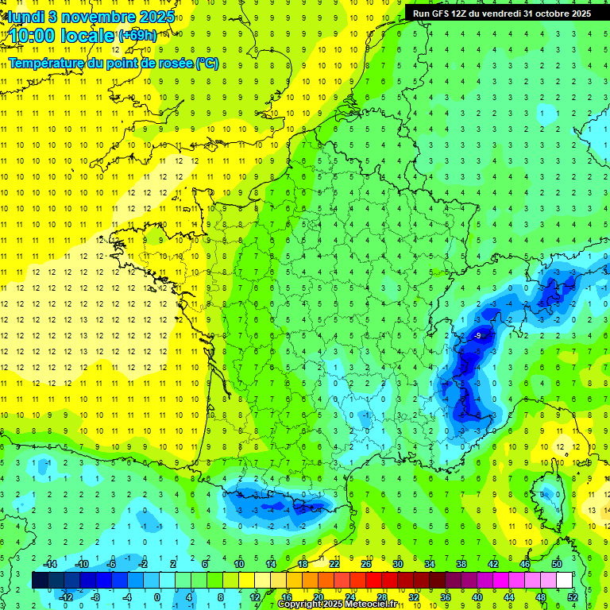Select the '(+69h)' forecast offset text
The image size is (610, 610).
(137, 36)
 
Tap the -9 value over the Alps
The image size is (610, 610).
(477, 337)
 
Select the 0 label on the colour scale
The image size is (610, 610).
(157, 597)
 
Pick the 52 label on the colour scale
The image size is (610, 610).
(573, 597)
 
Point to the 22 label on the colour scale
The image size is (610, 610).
(334, 563)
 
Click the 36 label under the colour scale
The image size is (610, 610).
(446, 597)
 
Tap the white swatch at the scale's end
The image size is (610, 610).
(564, 581)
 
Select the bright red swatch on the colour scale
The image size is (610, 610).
(373, 581)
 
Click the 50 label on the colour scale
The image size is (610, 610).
(557, 563)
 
